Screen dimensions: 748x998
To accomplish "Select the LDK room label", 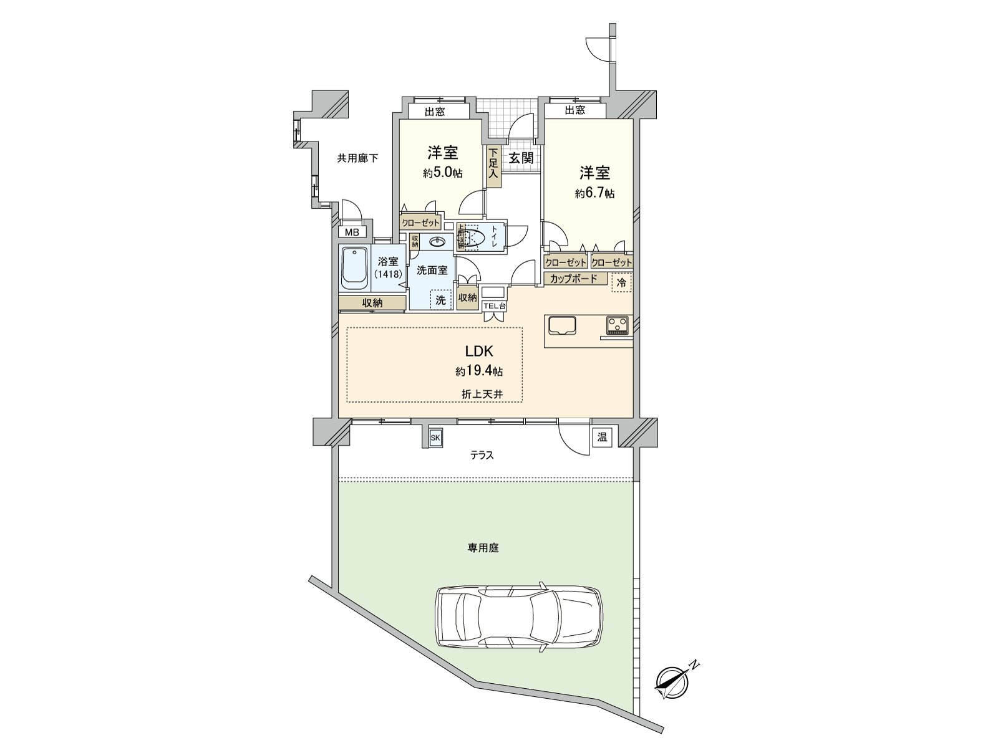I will pyautogui.click(x=479, y=351).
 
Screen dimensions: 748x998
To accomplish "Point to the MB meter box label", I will pyautogui.click(x=352, y=233).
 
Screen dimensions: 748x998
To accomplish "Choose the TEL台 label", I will pyautogui.click(x=495, y=306).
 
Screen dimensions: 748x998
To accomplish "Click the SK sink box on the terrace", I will pyautogui.click(x=435, y=438).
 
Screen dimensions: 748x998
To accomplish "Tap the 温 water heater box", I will pyautogui.click(x=602, y=438).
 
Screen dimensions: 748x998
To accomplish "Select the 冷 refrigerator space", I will pyautogui.click(x=621, y=283).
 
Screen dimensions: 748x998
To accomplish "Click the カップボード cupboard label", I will pyautogui.click(x=574, y=279).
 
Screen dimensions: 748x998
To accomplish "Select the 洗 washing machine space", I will pyautogui.click(x=442, y=300).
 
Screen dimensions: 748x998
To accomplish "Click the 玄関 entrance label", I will pyautogui.click(x=521, y=158).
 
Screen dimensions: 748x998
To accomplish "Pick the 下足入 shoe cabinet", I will pyautogui.click(x=493, y=166).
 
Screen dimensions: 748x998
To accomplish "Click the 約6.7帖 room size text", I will pyautogui.click(x=594, y=194).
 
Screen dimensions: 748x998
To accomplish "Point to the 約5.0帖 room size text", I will pyautogui.click(x=442, y=173).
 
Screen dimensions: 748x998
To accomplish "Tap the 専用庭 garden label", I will pyautogui.click(x=484, y=549).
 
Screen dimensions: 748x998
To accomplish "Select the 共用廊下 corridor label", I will pyautogui.click(x=357, y=158).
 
